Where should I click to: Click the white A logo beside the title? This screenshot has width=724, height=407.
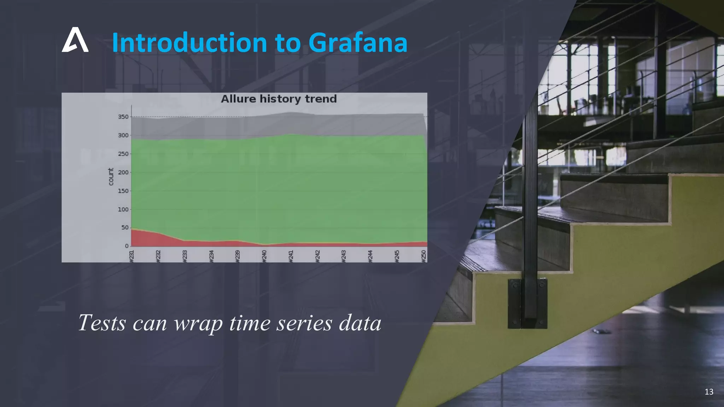(75, 40)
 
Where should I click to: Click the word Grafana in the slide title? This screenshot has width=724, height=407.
(358, 43)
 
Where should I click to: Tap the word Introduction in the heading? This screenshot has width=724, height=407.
(189, 43)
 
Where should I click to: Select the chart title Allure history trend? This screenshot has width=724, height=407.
(279, 99)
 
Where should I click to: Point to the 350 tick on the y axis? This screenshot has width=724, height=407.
(123, 117)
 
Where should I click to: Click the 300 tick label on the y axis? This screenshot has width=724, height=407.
(123, 135)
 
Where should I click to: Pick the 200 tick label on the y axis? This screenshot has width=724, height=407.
(123, 172)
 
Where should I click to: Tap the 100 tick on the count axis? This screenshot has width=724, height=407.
(123, 209)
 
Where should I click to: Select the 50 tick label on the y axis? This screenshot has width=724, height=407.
(125, 228)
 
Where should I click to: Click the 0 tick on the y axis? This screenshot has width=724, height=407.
(127, 246)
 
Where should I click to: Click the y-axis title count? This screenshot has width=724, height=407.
(111, 177)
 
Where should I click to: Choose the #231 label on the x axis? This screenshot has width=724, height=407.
(132, 256)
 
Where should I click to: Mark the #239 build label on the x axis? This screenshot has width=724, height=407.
(238, 256)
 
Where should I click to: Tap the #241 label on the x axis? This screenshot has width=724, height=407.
(291, 256)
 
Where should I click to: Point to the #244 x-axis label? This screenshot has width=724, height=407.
(370, 256)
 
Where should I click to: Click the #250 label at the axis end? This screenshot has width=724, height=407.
(424, 256)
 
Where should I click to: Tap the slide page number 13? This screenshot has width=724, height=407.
(709, 391)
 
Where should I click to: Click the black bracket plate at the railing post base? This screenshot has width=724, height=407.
(527, 303)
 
